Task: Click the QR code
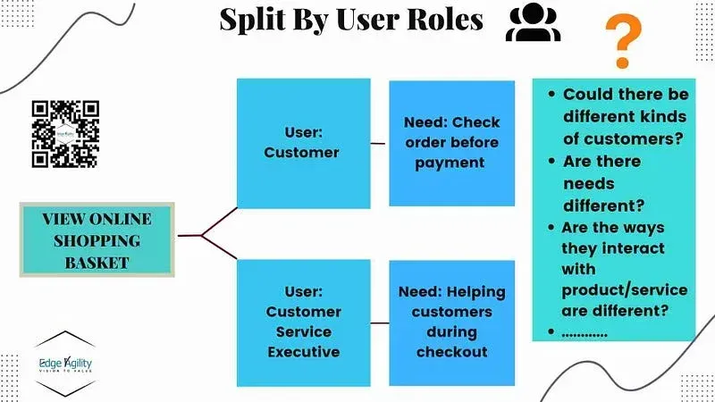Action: [65, 134]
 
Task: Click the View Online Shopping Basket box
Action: [97, 239]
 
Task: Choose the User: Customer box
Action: [302, 143]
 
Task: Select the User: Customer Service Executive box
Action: [302, 322]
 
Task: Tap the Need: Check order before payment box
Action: [451, 143]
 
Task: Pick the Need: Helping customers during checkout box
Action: [451, 322]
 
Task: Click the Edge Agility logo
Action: [65, 366]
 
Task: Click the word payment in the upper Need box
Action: [450, 163]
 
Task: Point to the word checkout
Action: [451, 351]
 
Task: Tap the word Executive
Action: [303, 351]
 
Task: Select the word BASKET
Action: [97, 262]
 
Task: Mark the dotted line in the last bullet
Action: [585, 332]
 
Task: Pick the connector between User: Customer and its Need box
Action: [379, 143]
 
